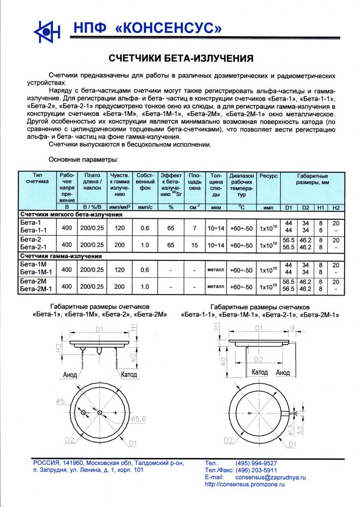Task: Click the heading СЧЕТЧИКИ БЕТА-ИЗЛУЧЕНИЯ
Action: pyautogui.click(x=181, y=59)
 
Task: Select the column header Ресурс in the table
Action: pyautogui.click(x=269, y=176)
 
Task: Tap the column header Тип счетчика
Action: pyautogui.click(x=38, y=179)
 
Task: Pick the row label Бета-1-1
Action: pyautogui.click(x=33, y=231)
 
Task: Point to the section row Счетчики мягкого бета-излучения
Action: pyautogui.click(x=71, y=215)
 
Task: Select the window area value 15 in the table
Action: pyautogui.click(x=195, y=245)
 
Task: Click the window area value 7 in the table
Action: pyautogui.click(x=195, y=228)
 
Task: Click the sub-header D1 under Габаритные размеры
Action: pyautogui.click(x=290, y=206)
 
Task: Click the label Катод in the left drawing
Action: pyautogui.click(x=129, y=374)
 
